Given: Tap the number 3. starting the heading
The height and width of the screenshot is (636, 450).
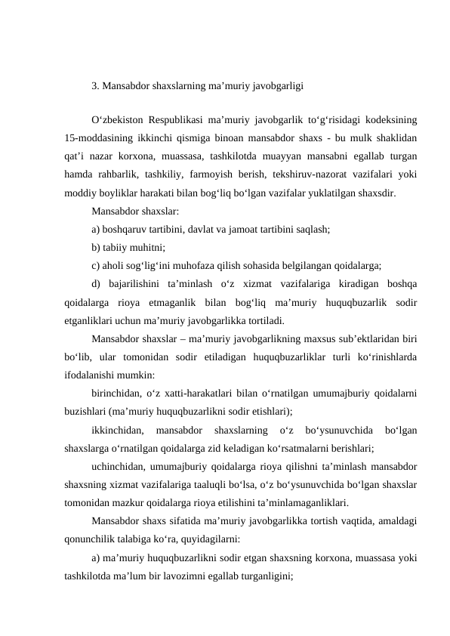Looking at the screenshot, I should tap(95, 85).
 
